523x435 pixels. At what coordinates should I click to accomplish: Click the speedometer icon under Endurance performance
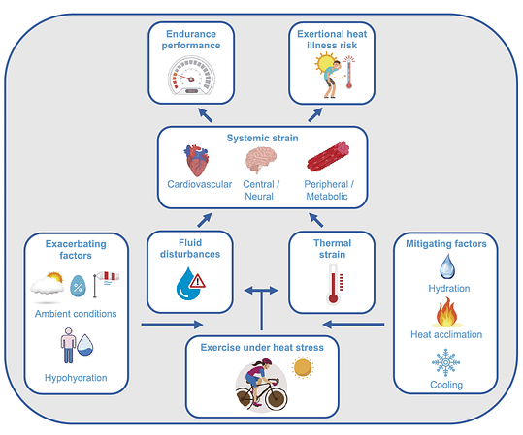tap(191, 76)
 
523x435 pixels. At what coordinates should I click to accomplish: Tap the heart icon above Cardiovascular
tap(196, 160)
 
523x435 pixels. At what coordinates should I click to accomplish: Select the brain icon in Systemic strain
tap(261, 160)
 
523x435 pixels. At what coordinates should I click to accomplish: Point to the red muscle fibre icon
tap(328, 157)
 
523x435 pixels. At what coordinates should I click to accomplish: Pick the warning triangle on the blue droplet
tap(198, 281)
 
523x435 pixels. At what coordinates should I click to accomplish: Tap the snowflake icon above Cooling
tap(445, 362)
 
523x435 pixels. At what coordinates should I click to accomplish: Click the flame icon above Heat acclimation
tap(446, 312)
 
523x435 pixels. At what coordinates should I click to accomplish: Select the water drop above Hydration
tap(447, 266)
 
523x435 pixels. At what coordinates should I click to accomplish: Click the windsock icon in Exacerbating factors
tap(106, 284)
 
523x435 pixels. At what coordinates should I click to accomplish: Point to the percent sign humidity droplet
tap(78, 286)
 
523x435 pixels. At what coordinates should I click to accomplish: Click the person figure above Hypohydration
tap(68, 346)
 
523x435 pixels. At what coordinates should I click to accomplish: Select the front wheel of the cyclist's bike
tap(277, 397)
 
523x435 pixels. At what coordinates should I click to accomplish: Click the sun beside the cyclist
tap(303, 368)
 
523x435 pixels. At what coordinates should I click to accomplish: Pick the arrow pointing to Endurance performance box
tap(205, 115)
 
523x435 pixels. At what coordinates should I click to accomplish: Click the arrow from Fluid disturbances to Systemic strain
tap(205, 220)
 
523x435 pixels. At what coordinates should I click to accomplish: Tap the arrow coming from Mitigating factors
tap(353, 325)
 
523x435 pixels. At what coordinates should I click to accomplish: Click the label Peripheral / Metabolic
tap(328, 190)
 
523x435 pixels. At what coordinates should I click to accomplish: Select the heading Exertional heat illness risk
tap(332, 40)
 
